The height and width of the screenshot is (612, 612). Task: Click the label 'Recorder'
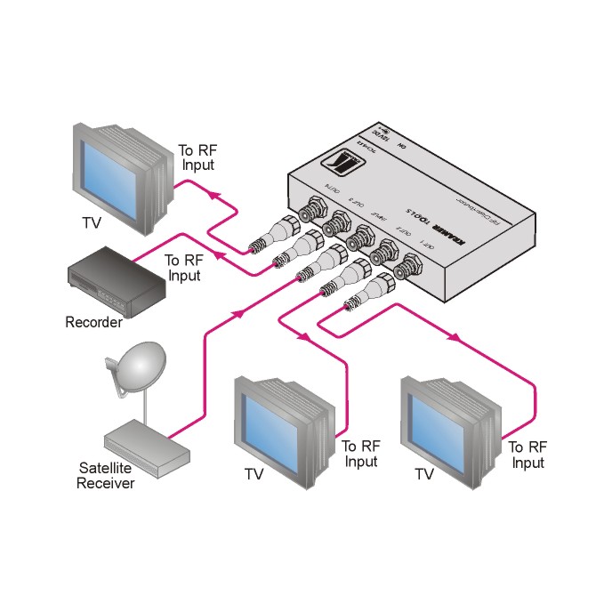click(x=93, y=322)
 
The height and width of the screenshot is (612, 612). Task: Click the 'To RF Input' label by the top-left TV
click(x=197, y=157)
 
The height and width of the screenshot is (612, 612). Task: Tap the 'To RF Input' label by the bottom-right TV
click(x=527, y=455)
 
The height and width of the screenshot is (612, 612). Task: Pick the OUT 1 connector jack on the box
click(x=412, y=264)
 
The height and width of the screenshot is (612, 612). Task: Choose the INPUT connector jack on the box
click(x=362, y=238)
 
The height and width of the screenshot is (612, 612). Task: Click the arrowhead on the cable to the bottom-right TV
click(x=456, y=338)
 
